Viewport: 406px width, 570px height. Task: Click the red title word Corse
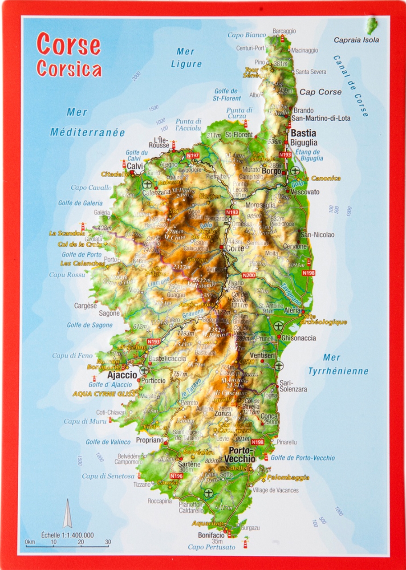(69, 45)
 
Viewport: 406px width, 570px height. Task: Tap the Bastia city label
(303, 133)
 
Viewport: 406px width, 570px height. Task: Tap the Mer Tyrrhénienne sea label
(338, 364)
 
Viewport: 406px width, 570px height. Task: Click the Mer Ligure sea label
(186, 58)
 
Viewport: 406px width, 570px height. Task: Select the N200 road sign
(249, 276)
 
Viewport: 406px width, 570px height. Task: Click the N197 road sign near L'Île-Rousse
(193, 155)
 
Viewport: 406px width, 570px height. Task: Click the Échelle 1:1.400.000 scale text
(67, 535)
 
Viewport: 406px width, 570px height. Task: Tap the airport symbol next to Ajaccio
(144, 370)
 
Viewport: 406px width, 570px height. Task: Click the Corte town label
(235, 248)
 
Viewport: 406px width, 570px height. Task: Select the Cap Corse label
(320, 92)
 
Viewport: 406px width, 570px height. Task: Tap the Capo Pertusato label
(211, 547)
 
